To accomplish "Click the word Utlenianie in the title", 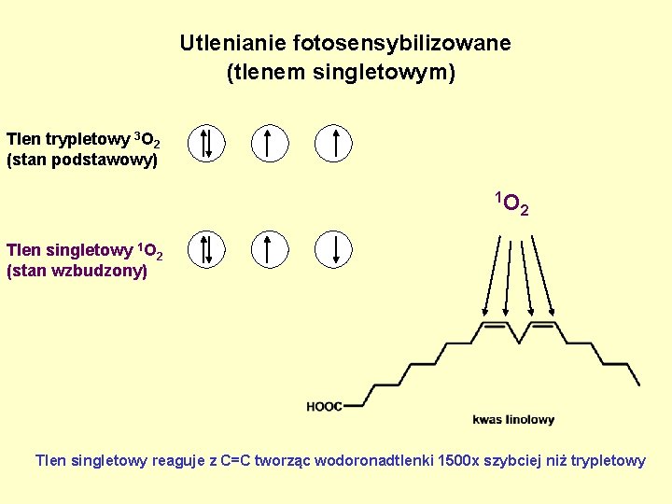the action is [x=232, y=43].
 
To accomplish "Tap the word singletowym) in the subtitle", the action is [x=397, y=72].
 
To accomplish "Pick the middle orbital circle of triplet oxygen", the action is [x=269, y=143].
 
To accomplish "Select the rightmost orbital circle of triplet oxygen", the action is [x=333, y=143].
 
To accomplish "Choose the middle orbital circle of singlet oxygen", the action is [x=269, y=249].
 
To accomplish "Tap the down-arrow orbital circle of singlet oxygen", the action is [x=333, y=249].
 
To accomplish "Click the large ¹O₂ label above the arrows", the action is [x=512, y=202].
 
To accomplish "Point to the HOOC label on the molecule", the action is [x=324, y=406].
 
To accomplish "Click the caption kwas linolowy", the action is [x=513, y=419].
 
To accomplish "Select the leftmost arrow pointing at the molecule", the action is [x=491, y=276].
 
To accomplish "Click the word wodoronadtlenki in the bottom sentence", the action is [x=381, y=460].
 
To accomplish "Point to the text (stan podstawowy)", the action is [x=82, y=161].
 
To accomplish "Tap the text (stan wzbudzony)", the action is [x=77, y=272].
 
